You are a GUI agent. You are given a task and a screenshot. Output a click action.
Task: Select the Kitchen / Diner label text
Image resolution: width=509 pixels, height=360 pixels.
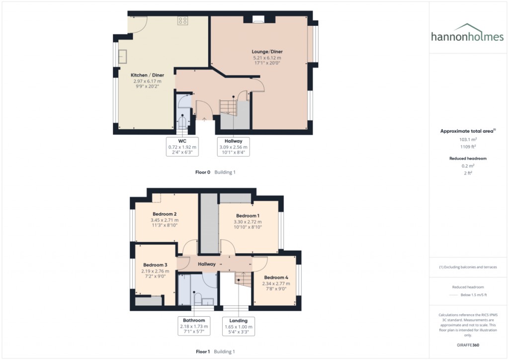coord(147,75)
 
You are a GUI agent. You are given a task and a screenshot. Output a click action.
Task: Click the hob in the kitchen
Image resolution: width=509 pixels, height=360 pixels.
coord(183,21)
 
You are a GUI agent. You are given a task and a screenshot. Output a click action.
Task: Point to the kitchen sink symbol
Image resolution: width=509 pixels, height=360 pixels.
coord(122,56)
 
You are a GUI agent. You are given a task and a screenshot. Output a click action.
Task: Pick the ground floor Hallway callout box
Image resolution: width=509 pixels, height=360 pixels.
coord(233,147)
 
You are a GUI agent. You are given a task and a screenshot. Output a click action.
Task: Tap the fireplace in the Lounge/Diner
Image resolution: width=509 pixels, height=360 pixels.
coord(258,20)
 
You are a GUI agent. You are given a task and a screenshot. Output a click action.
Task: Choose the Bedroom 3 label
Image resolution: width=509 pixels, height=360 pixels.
coord(155,265)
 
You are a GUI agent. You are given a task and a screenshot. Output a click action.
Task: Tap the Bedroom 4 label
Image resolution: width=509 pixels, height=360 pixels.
coord(276,277)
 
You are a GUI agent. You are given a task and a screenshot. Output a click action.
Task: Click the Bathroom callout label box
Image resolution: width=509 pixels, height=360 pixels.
coord(194,326)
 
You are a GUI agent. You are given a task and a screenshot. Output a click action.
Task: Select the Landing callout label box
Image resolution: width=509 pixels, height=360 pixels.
coord(239,326)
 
